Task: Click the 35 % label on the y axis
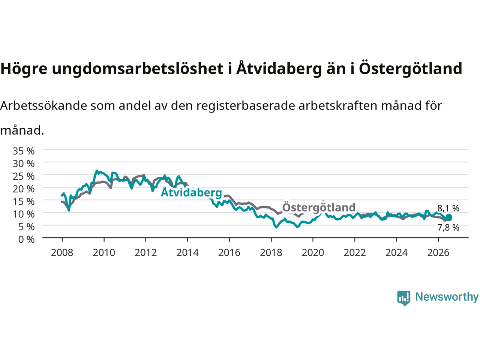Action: (x=24, y=151)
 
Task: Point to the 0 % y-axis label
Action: (x=27, y=240)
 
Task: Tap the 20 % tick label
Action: (x=24, y=189)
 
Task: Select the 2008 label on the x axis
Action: (x=62, y=253)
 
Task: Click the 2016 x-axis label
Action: (x=229, y=253)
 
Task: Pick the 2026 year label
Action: (x=438, y=253)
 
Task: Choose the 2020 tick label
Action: (x=313, y=253)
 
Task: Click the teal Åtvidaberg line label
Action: (x=191, y=193)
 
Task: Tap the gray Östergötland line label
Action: (x=319, y=207)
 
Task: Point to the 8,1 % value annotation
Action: (x=448, y=208)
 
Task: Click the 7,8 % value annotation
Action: (x=448, y=228)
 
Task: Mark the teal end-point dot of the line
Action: (x=449, y=217)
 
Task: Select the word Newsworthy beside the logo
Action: (x=447, y=297)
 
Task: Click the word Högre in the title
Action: (x=24, y=69)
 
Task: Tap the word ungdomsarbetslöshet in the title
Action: (x=138, y=68)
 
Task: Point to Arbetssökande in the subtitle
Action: (x=43, y=106)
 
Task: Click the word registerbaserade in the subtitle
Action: (x=246, y=106)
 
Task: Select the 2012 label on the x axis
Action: (x=145, y=253)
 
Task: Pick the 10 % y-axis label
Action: (x=24, y=214)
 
